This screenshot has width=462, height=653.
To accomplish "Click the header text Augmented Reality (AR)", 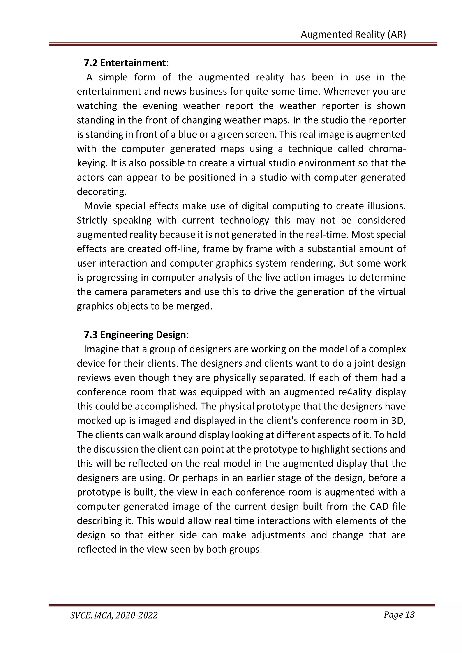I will click(x=353, y=34).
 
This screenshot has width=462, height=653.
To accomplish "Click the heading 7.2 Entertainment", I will click(x=125, y=63).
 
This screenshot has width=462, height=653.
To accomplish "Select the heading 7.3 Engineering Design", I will click(x=135, y=335).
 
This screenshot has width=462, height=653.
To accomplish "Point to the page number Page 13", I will click(x=399, y=615).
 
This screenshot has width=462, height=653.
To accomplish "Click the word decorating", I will click(x=101, y=192).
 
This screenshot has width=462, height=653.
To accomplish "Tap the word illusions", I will click(x=387, y=206).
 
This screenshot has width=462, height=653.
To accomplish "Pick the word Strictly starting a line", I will click(x=92, y=221).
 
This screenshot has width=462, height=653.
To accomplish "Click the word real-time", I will click(x=329, y=235).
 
